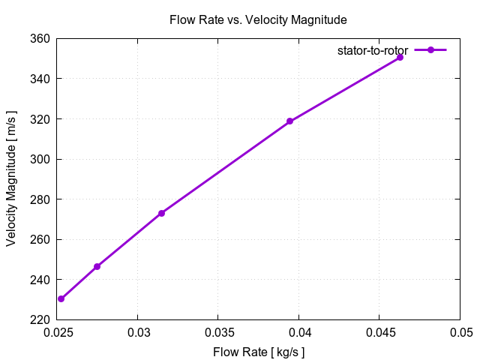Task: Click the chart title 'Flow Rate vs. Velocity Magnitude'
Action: [x=259, y=19]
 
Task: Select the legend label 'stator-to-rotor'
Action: [x=372, y=50]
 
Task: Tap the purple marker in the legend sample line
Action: [x=430, y=50]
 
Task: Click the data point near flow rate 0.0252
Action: [x=61, y=298]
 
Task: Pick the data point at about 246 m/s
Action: [x=97, y=266]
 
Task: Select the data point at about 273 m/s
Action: [x=161, y=213]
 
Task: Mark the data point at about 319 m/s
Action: [x=289, y=121]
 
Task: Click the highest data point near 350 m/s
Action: [x=400, y=57]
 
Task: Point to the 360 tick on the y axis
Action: [x=40, y=38]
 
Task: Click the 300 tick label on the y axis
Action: [x=40, y=159]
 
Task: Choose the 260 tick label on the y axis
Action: [x=40, y=239]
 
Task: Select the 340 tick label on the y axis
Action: [x=40, y=79]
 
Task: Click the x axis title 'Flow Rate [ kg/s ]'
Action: [x=259, y=350]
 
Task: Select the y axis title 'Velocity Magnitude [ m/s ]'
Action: [x=12, y=179]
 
